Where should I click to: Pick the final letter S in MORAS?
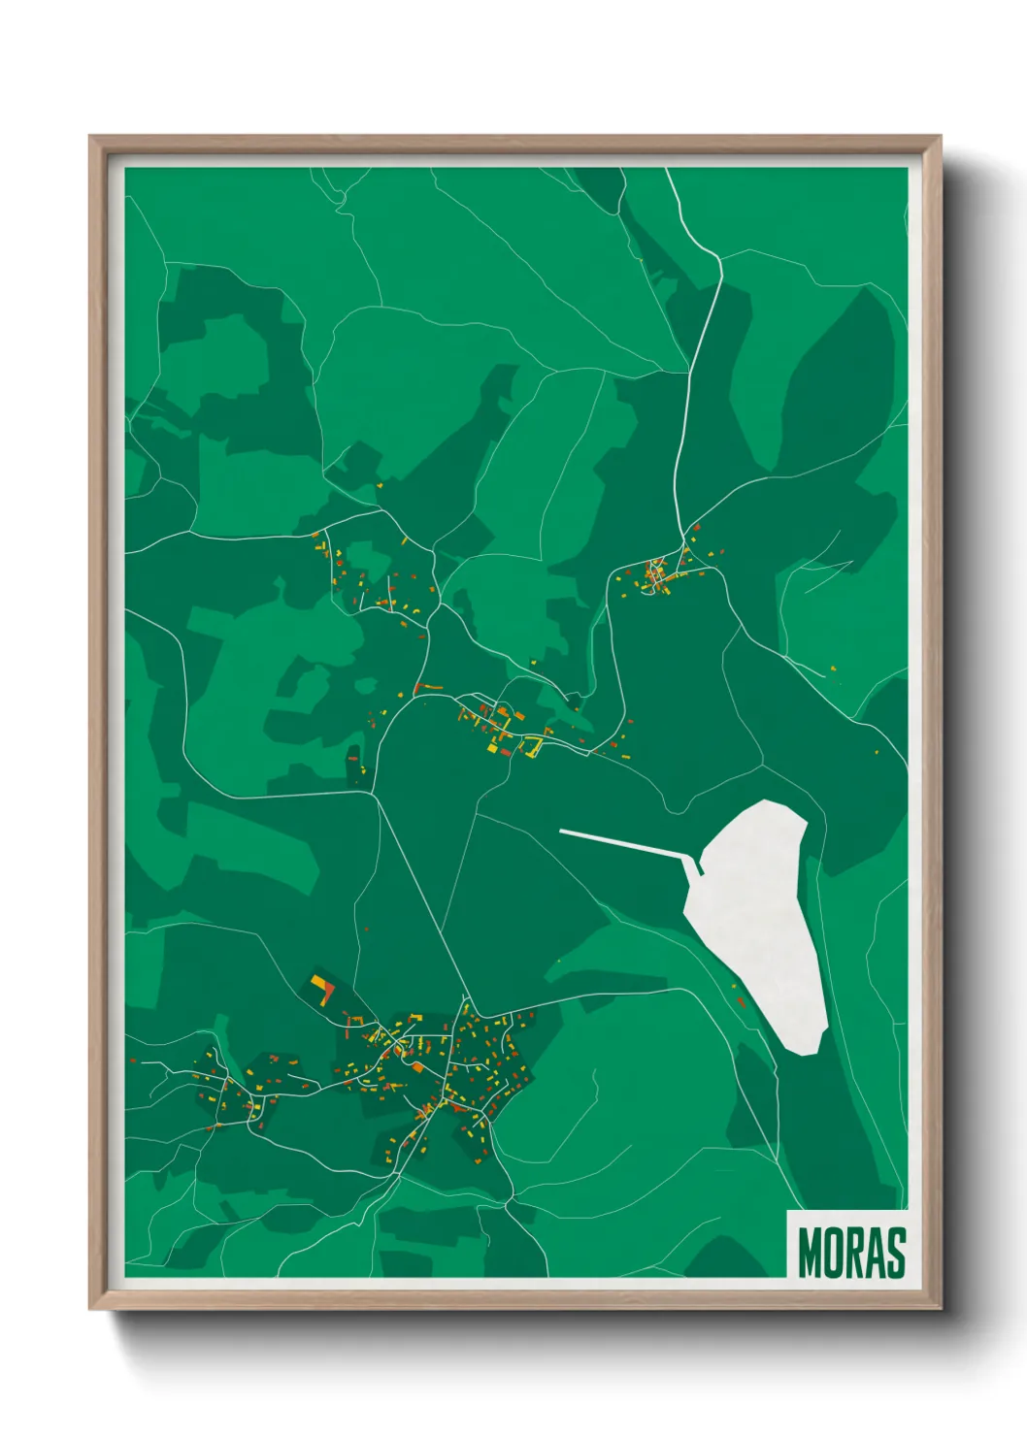[x=897, y=1253]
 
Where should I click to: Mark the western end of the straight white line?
[x=562, y=831]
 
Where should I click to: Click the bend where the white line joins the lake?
[x=698, y=865]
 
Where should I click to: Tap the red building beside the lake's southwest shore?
[x=742, y=1001]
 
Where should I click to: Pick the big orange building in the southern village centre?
[x=418, y=1067]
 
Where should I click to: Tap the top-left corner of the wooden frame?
[x=91, y=138]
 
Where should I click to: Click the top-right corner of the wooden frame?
[x=940, y=138]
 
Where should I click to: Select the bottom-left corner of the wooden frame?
[x=91, y=1307]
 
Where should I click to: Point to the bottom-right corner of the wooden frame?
[x=940, y=1307]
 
